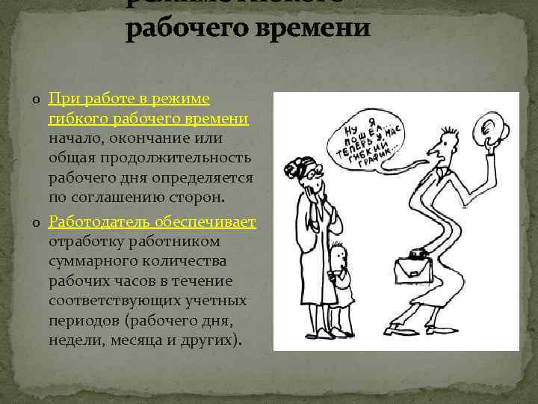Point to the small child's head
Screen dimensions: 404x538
(338, 257)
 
